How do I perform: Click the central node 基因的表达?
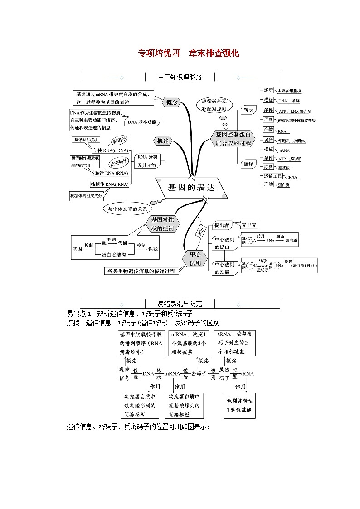click(191, 188)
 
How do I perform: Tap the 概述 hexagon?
click(163, 141)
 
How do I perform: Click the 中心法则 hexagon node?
click(195, 258)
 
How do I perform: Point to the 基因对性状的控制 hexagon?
click(162, 224)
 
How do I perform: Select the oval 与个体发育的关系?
click(127, 209)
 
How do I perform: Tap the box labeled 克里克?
click(249, 224)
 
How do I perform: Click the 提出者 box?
click(222, 225)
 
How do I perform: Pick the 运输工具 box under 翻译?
click(273, 176)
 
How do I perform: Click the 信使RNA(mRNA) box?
click(110, 150)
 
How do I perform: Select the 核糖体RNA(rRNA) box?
click(109, 184)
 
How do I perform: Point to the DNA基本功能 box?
click(141, 122)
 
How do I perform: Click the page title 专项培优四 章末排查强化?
click(188, 53)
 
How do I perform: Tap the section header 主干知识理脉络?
click(180, 77)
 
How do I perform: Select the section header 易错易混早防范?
click(180, 304)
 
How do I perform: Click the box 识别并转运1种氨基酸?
click(241, 406)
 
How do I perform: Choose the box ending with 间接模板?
click(140, 406)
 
